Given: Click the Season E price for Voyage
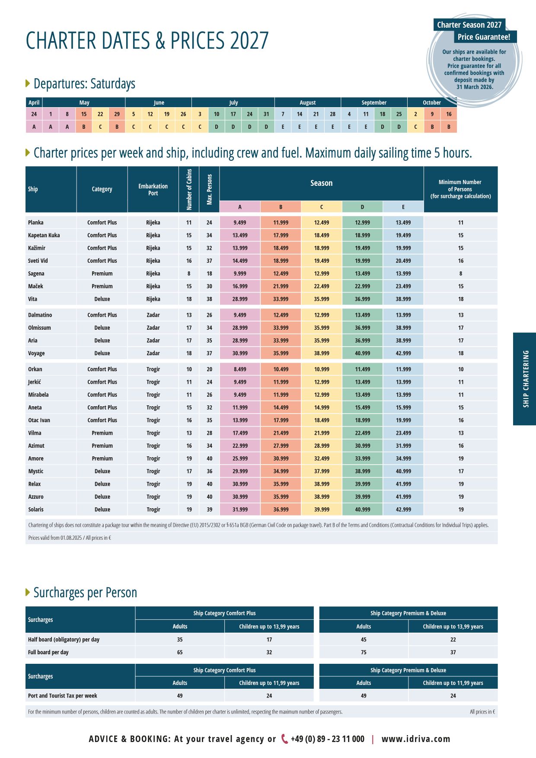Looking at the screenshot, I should (403, 353).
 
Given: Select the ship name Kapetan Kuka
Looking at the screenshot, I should (44, 235).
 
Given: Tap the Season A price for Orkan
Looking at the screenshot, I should (240, 369).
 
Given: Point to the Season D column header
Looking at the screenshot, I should (362, 207).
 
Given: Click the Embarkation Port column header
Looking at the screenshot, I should (153, 189).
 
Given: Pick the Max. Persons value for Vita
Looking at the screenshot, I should (209, 299).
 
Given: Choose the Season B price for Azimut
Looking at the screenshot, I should (281, 446).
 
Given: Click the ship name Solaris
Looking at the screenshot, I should (36, 510).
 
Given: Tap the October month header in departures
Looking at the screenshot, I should (432, 102).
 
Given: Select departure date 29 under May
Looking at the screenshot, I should (117, 114).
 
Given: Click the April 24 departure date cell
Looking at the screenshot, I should (34, 114).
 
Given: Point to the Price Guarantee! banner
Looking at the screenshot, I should (484, 37).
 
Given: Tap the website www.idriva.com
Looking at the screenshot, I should (416, 739).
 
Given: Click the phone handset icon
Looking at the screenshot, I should (284, 739).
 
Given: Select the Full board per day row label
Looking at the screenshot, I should (48, 652).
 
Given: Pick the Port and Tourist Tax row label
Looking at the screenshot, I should (63, 696).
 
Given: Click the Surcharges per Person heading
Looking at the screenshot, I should (85, 592).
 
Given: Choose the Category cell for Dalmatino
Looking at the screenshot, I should (102, 315).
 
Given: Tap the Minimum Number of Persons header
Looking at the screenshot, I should (460, 189).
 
